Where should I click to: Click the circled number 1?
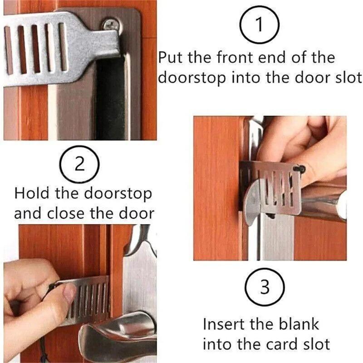259,26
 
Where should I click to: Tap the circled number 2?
79,164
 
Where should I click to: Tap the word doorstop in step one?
191,78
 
